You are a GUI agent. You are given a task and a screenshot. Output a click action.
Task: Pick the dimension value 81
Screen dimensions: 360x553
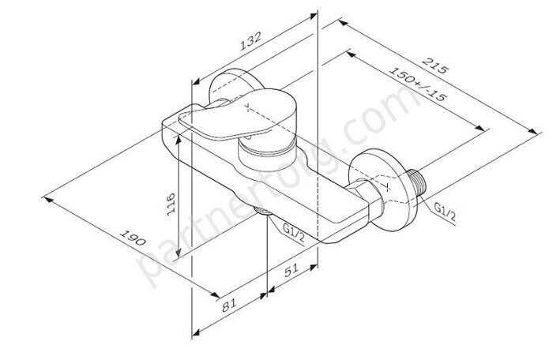click(229, 301)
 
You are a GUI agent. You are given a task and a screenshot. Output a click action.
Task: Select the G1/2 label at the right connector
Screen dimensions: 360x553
click(445, 208)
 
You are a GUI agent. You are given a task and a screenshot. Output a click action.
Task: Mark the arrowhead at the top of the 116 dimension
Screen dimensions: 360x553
click(181, 135)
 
